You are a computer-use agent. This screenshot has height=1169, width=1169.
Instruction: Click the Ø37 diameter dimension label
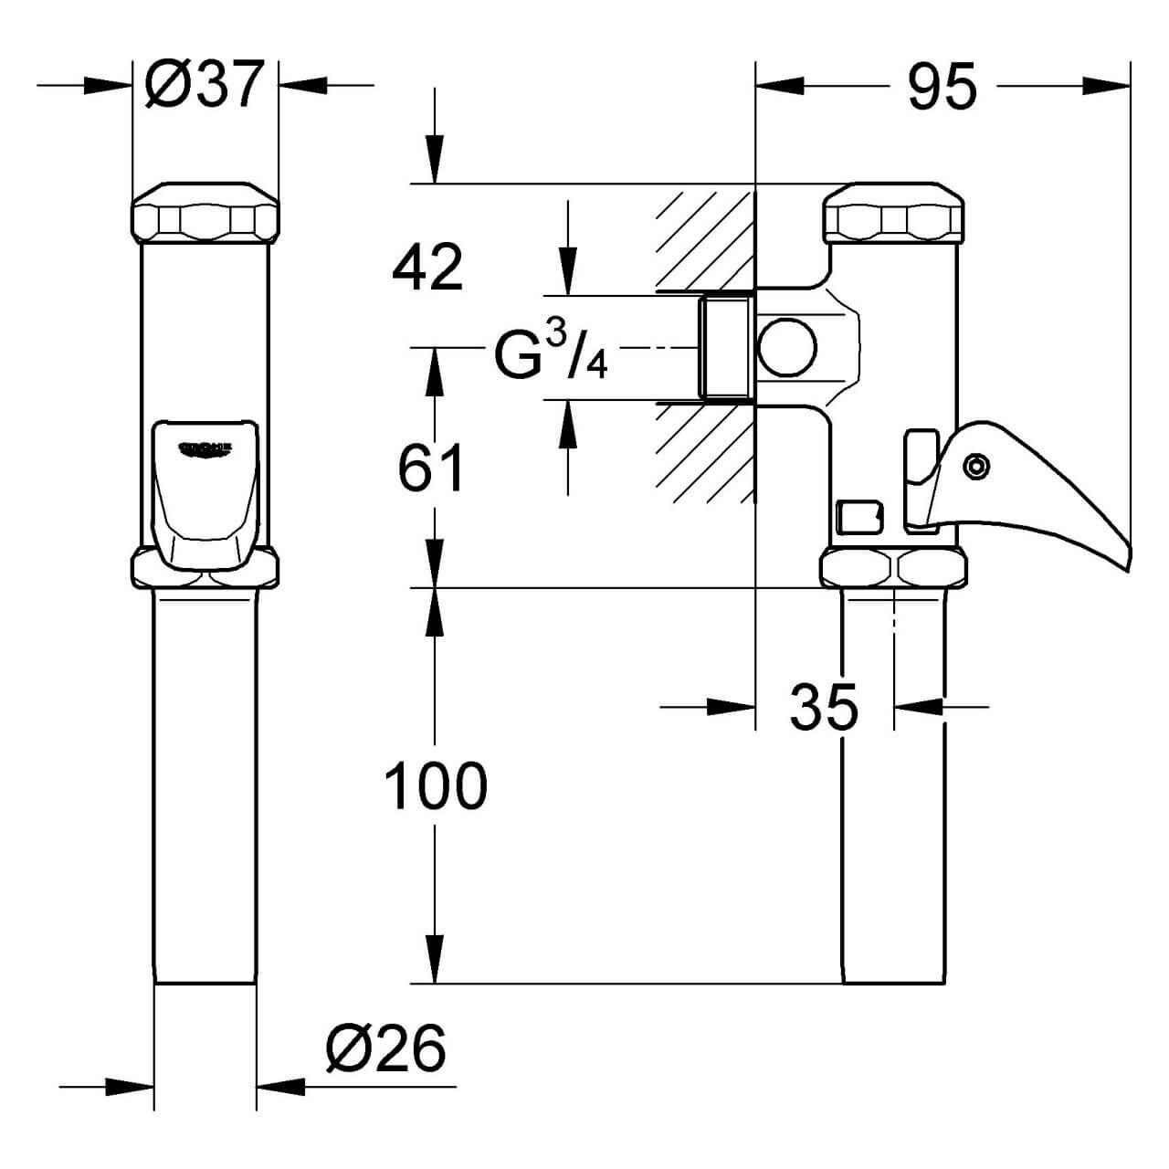click(x=205, y=85)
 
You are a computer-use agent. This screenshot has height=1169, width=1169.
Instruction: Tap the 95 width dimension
click(x=942, y=87)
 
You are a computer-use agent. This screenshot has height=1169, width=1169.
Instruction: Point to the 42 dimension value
click(x=427, y=267)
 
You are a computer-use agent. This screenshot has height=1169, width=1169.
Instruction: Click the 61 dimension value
click(x=431, y=469)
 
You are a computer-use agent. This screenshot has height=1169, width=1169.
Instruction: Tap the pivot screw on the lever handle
click(x=977, y=467)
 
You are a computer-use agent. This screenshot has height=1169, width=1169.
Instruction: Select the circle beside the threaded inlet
click(x=787, y=348)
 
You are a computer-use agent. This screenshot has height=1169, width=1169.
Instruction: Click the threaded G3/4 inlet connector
click(x=725, y=348)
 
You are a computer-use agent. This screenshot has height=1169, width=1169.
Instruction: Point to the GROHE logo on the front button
click(x=205, y=447)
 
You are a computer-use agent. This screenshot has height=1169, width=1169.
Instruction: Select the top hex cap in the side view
click(x=895, y=215)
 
